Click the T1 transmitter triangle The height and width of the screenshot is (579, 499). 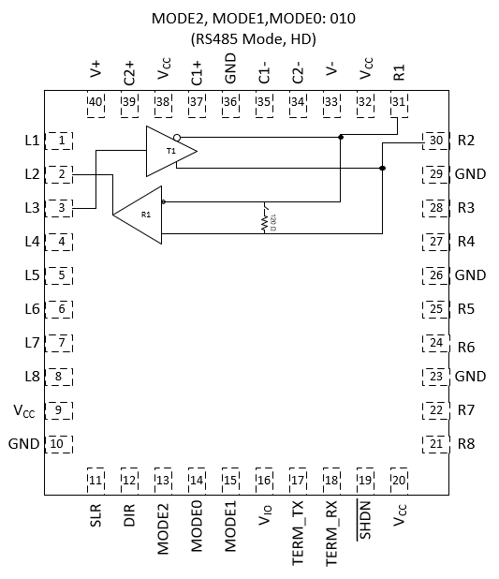click(169, 151)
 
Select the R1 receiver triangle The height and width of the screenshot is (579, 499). click(140, 215)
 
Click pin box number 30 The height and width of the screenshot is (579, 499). click(435, 141)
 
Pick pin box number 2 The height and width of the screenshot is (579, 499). click(61, 174)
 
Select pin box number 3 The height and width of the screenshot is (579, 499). click(61, 208)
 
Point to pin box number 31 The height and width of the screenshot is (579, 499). click(399, 103)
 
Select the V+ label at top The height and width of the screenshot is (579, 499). click(95, 70)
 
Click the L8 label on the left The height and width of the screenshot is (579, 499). click(31, 377)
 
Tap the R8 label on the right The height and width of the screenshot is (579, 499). click(466, 444)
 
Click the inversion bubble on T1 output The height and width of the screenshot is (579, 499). click(176, 137)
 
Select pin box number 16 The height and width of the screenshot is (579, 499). click(264, 480)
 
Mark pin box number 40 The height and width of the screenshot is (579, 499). click(95, 103)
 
